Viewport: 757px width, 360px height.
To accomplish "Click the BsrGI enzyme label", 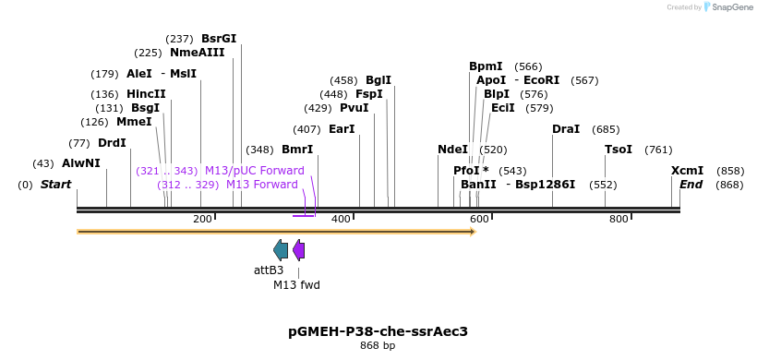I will click(219, 39).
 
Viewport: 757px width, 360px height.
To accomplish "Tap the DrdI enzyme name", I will click(112, 143).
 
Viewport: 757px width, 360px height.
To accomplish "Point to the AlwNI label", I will click(81, 163).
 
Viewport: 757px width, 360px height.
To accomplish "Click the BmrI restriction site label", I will click(297, 150).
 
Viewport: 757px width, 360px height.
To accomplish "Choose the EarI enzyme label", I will click(342, 129).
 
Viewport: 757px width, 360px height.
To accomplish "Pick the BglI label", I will click(378, 80).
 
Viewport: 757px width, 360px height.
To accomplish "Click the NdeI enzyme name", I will click(452, 150).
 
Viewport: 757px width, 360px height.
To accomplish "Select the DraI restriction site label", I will click(566, 129).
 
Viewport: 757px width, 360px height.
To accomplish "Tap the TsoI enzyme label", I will click(619, 150).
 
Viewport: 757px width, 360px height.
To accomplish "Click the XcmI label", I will click(687, 171).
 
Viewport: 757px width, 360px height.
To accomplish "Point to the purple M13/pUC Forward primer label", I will click(254, 171).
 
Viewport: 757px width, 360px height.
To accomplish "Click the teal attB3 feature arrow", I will click(281, 249).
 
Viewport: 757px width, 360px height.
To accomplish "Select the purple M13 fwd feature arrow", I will click(298, 249).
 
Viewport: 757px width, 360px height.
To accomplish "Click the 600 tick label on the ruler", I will click(478, 219).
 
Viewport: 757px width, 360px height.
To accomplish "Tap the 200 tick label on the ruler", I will click(202, 219).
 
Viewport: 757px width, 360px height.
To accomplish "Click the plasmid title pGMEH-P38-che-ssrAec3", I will click(378, 330).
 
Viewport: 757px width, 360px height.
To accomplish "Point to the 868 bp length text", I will click(378, 346).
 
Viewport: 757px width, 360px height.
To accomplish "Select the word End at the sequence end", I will click(691, 185).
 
